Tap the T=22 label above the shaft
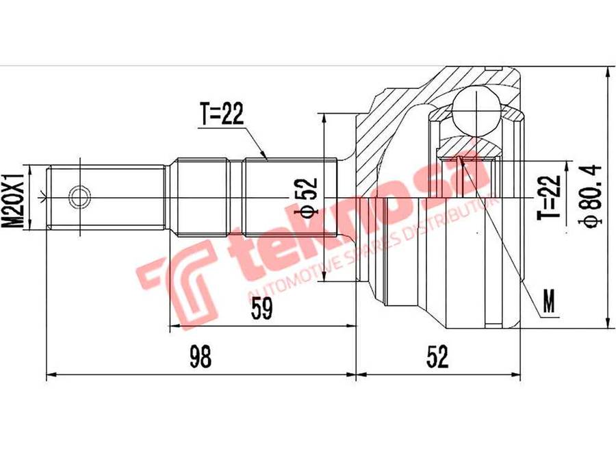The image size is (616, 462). [x=222, y=114]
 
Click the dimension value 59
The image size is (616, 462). [x=261, y=309]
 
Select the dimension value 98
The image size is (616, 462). [x=201, y=357]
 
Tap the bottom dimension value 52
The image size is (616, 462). [x=437, y=357]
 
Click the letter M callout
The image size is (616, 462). [x=549, y=301]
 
